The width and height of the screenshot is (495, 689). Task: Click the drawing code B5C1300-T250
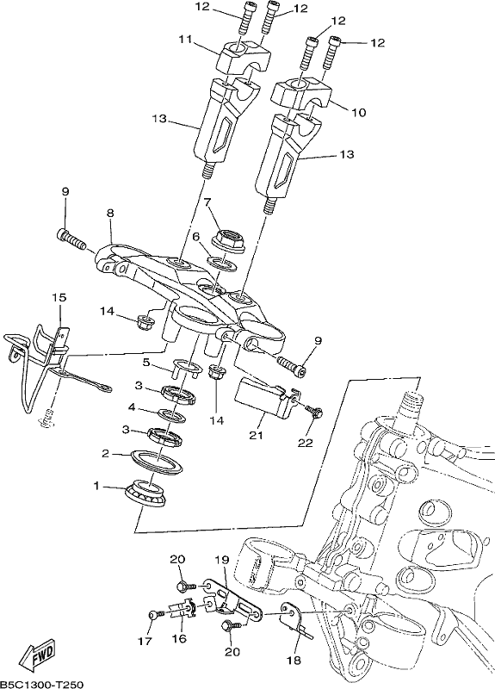tap(41, 684)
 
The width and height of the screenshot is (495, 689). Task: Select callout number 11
tap(186, 40)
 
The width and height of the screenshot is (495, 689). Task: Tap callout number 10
tap(359, 113)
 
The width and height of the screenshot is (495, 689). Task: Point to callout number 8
tap(110, 213)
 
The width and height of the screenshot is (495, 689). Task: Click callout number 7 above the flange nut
tap(207, 202)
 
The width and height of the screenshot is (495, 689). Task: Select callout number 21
tap(256, 436)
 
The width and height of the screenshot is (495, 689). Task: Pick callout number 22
tap(306, 443)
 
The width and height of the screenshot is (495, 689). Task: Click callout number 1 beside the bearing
tap(96, 486)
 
